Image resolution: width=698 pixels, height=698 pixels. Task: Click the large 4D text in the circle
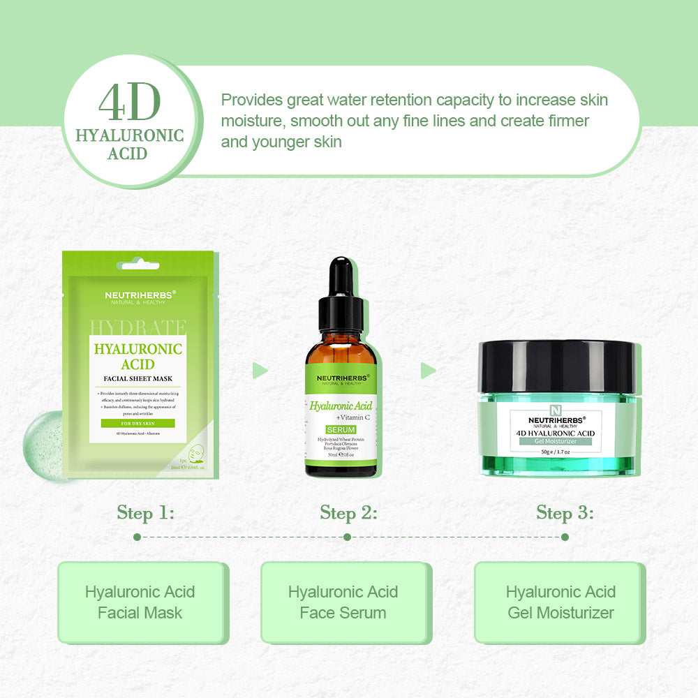[130, 103]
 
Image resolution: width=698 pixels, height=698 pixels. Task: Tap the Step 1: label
[145, 513]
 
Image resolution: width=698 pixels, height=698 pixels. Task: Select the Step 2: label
[348, 513]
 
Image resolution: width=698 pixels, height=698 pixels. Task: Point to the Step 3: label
[565, 513]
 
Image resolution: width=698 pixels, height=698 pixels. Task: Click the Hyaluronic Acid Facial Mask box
[140, 602]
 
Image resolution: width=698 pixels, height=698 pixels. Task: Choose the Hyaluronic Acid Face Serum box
[343, 602]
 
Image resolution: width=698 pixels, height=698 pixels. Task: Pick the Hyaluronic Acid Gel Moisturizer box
[560, 602]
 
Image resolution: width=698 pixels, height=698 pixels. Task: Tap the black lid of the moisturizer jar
[556, 366]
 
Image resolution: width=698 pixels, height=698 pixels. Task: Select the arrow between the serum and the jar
[428, 370]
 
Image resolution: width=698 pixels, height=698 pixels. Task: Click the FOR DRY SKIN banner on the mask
[138, 423]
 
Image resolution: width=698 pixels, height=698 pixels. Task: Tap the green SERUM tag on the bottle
[341, 429]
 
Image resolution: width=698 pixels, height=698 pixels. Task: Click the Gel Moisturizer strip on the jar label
[555, 441]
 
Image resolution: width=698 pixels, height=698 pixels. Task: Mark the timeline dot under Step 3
[565, 537]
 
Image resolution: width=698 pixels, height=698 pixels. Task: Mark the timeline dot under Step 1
[137, 537]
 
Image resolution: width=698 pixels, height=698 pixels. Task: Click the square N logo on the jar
[556, 410]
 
